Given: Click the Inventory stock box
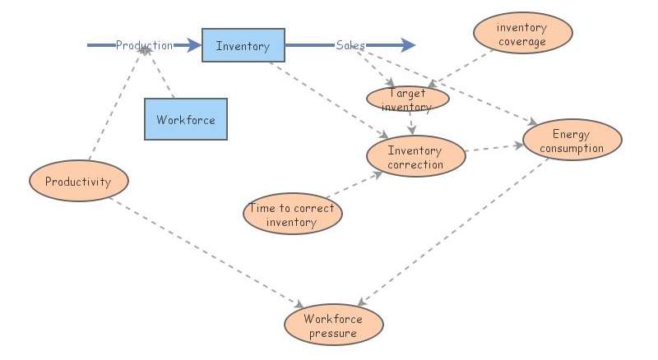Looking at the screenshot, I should [x=243, y=46].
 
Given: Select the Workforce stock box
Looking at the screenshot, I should [x=185, y=119].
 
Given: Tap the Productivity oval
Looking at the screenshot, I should [x=77, y=182].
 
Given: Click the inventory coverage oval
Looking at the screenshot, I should [x=521, y=35].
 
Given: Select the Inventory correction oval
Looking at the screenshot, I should [x=415, y=157].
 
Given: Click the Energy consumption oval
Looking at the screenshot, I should [x=571, y=141].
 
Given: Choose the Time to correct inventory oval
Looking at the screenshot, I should [x=292, y=215].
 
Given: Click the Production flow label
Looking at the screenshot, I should [x=144, y=45].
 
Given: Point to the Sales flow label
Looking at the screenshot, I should [x=350, y=45].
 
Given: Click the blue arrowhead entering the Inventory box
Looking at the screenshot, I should [x=194, y=45].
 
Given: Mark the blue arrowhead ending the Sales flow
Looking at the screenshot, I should [x=408, y=45].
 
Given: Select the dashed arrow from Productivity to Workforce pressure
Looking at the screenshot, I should [x=206, y=250].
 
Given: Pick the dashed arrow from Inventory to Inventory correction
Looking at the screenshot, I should [x=329, y=99].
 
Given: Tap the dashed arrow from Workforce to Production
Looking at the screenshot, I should [x=160, y=74].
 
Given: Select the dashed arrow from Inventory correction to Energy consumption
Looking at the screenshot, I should [x=493, y=148].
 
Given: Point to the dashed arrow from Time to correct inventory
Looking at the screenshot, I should [x=350, y=187].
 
